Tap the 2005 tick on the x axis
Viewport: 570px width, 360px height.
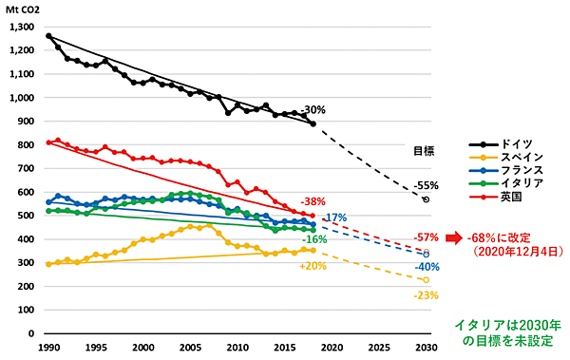[190, 350]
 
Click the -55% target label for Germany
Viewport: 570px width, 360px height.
[427, 185]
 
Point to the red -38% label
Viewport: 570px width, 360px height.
[313, 201]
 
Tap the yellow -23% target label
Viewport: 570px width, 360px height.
[425, 295]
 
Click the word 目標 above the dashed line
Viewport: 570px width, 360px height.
[425, 150]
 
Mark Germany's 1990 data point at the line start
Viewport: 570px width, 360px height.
[48, 36]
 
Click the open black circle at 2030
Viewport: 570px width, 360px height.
[426, 199]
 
